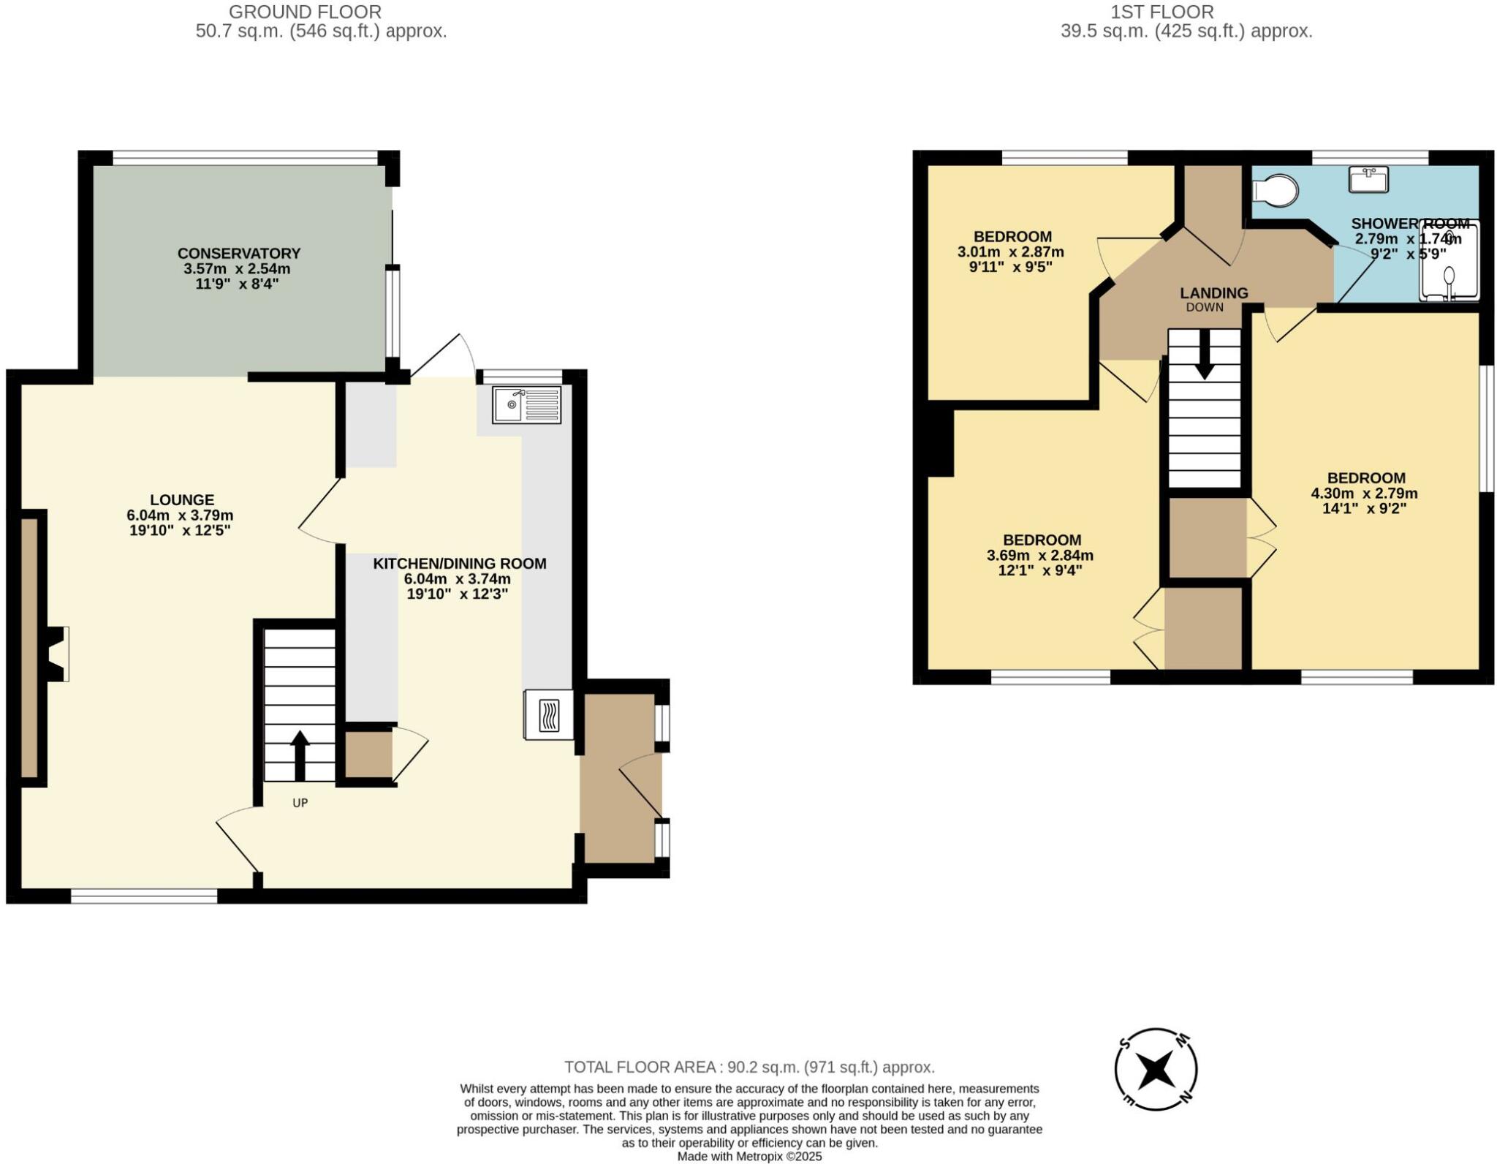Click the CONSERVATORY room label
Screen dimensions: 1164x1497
point(239,254)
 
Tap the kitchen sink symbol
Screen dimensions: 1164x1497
point(526,405)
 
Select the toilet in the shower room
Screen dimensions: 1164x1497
point(1276,191)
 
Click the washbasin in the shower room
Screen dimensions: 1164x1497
point(1368,179)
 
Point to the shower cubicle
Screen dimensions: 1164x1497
point(1449,262)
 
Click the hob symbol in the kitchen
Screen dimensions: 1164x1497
point(549,715)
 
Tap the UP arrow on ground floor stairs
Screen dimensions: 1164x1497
point(300,755)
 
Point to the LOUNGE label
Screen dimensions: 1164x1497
point(182,500)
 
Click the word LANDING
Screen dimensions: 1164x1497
point(1214,293)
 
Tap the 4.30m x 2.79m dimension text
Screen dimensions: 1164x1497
point(1364,494)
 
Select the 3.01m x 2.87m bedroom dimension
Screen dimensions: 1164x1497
point(1010,252)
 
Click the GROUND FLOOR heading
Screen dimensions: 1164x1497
point(305,12)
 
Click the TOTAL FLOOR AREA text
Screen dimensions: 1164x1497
point(749,1067)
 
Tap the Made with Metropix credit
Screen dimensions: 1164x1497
point(749,1157)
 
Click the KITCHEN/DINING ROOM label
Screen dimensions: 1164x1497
point(460,564)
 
